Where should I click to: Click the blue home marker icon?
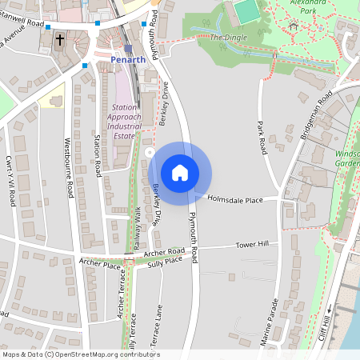[180, 173]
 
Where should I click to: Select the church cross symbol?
[60, 39]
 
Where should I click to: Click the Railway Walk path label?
[137, 225]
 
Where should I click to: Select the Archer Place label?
[99, 262]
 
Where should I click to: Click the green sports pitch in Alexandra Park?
[249, 12]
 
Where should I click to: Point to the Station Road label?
[98, 156]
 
